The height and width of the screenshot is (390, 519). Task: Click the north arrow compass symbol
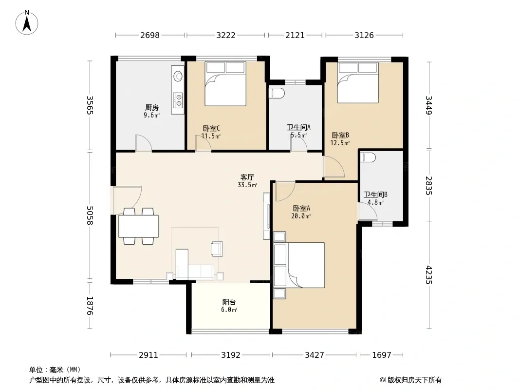(27, 22)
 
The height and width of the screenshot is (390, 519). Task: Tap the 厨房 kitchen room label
(151, 107)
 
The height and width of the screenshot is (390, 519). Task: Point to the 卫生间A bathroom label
(298, 128)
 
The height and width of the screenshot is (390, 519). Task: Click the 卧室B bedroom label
(340, 135)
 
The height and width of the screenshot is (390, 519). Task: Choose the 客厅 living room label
(247, 177)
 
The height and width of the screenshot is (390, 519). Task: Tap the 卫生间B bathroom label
(375, 195)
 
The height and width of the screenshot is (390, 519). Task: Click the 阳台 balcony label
(229, 302)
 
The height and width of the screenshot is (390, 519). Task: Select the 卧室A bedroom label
(301, 209)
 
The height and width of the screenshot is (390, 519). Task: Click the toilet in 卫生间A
(277, 93)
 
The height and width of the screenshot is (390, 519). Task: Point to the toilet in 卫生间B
(368, 157)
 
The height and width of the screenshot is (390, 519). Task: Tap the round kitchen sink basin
(178, 76)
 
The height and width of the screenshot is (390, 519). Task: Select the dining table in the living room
(138, 226)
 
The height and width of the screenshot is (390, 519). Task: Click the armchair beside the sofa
(217, 249)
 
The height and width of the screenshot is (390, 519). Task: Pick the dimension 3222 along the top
(226, 35)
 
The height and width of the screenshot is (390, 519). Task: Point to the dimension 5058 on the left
(90, 215)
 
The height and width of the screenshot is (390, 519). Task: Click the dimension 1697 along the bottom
(382, 355)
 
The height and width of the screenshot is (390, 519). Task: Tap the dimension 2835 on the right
(428, 186)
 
